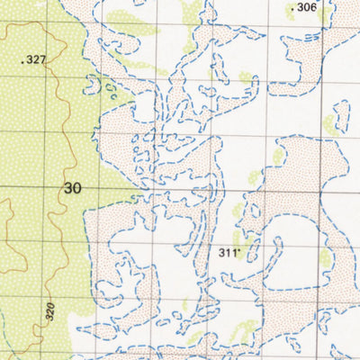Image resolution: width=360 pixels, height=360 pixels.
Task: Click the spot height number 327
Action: point(35,60)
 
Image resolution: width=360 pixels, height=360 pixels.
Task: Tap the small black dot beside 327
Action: point(22,61)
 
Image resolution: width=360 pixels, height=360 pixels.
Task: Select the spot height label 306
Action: point(307,8)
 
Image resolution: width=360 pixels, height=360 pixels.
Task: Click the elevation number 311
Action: point(229,253)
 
